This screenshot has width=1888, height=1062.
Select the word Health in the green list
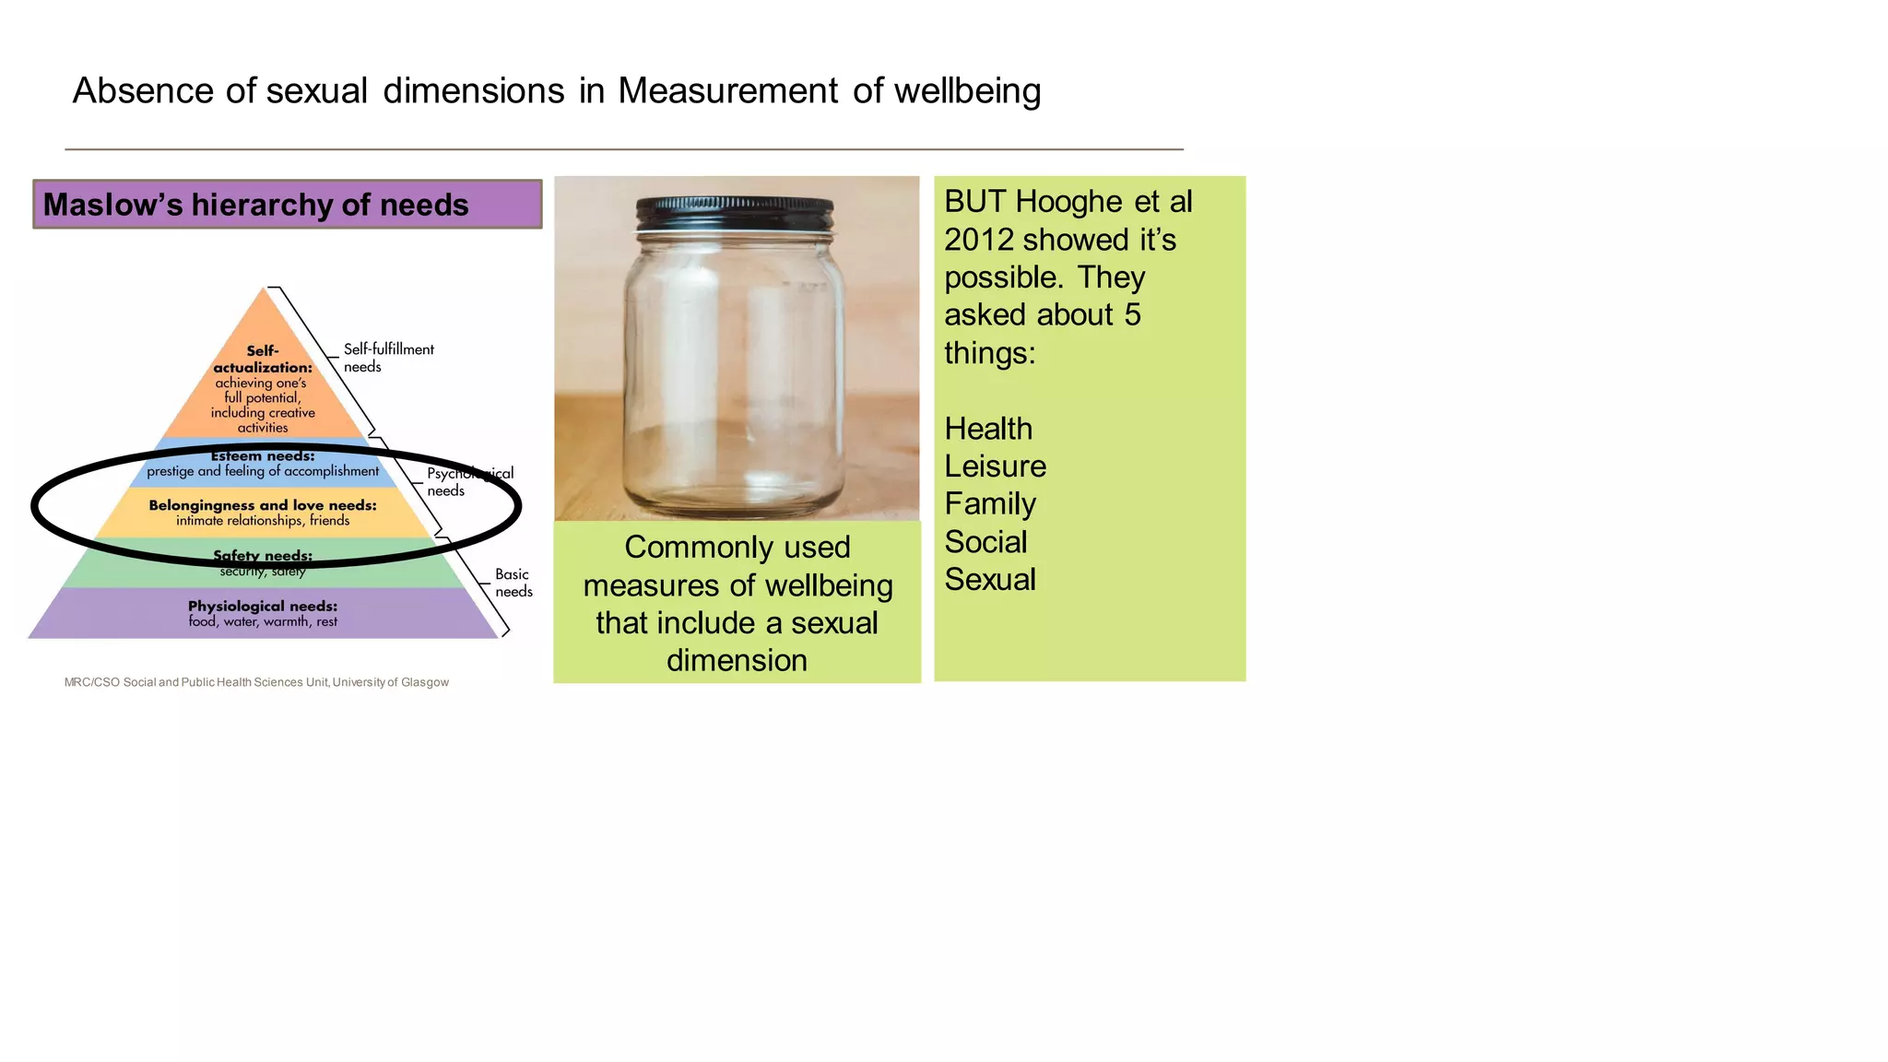(x=988, y=429)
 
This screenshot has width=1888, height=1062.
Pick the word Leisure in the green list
(x=995, y=466)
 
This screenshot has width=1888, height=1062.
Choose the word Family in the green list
(x=990, y=504)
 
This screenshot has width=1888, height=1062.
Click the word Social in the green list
(x=985, y=542)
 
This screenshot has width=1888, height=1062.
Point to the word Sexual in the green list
(x=990, y=580)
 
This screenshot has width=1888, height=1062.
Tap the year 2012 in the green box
(x=978, y=240)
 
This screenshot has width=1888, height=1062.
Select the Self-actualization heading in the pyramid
(x=263, y=359)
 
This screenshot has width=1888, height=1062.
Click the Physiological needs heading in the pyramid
(x=263, y=606)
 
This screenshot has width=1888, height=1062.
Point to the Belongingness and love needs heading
(x=263, y=505)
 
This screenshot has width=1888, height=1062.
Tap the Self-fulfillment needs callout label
(x=388, y=358)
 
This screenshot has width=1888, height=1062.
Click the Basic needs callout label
(x=513, y=583)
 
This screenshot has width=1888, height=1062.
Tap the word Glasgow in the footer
(x=424, y=682)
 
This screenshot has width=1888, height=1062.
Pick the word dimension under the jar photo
(x=737, y=661)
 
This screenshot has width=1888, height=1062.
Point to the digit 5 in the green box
(x=1132, y=315)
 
